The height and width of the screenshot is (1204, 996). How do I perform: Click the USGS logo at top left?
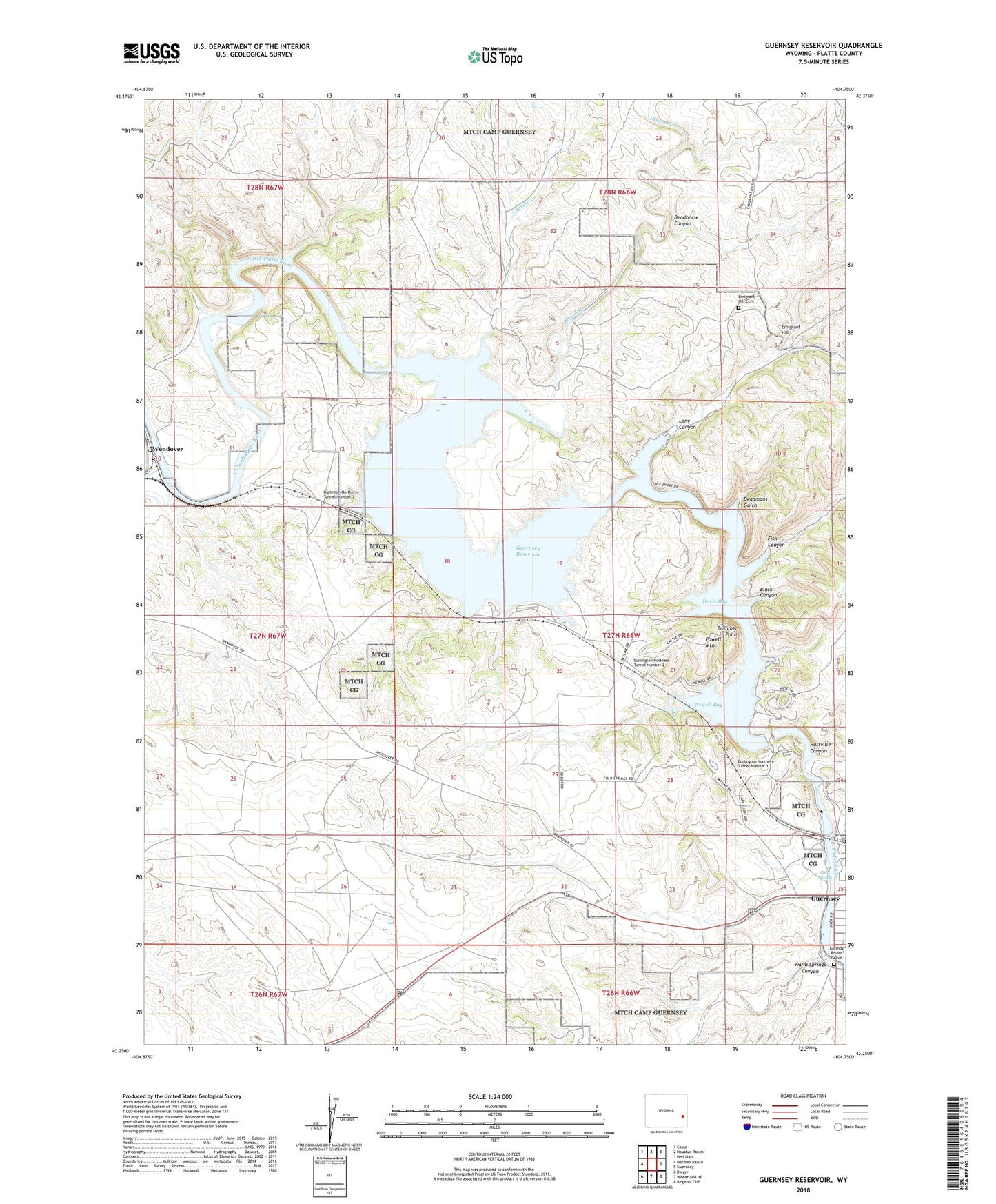(x=152, y=53)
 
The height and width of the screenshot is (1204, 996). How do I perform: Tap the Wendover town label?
(x=167, y=449)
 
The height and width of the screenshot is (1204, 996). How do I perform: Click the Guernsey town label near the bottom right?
(x=825, y=899)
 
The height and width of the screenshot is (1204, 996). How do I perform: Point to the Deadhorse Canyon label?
(x=686, y=220)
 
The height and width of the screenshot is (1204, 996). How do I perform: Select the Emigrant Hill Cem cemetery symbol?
(x=738, y=308)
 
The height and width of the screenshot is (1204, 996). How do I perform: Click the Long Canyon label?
(x=687, y=423)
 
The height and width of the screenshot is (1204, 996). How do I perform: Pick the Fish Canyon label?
(x=776, y=541)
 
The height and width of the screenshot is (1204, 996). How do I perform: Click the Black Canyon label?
(x=768, y=592)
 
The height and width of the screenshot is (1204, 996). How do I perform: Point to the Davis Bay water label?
(x=715, y=601)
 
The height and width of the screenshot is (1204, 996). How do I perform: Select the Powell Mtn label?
(x=713, y=642)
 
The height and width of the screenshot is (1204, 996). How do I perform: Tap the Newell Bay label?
(x=708, y=705)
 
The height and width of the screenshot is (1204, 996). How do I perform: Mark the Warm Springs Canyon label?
(x=810, y=967)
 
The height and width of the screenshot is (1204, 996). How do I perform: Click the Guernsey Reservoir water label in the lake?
(x=528, y=551)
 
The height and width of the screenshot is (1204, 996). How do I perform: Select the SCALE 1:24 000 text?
(x=490, y=1096)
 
